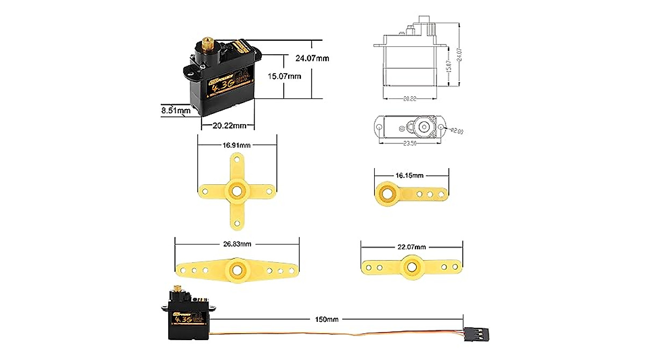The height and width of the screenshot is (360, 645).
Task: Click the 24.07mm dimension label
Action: coord(312,58)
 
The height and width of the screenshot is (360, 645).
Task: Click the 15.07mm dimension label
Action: coord(284,76)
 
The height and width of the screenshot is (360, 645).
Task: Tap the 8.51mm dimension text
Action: coord(176,111)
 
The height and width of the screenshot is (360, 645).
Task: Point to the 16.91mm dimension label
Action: coord(237,145)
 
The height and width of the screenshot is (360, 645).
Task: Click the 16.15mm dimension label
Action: coord(410,175)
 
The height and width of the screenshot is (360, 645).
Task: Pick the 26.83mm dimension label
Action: coord(237,244)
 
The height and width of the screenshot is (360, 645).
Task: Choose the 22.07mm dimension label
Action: coord(412,247)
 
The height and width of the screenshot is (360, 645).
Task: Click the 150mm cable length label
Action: coord(327,320)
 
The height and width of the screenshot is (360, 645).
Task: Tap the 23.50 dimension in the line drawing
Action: coord(410,143)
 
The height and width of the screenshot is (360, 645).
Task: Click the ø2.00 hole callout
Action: coord(456,131)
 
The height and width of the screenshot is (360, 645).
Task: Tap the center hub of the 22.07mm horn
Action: coord(413,266)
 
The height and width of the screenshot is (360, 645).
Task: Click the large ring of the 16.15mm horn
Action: coord(387,192)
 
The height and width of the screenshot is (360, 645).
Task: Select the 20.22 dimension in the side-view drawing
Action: coord(410,99)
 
